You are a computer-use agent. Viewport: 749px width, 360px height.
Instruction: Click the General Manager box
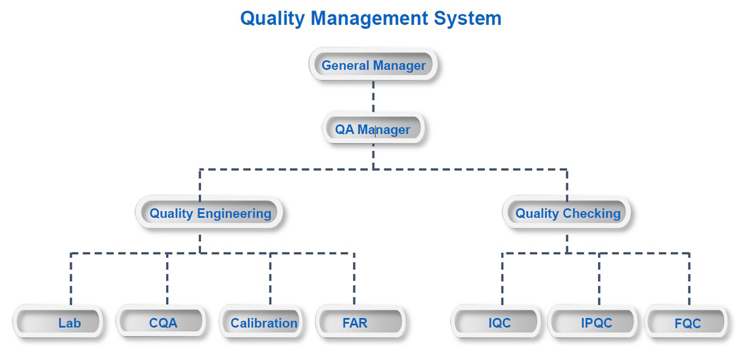pos(374,65)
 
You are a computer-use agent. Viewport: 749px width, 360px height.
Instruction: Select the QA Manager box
pos(373,129)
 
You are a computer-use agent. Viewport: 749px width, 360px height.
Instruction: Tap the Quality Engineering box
pos(210,212)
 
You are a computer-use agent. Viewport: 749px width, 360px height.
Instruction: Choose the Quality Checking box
pos(568,212)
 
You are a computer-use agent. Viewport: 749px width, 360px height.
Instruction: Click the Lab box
pos(58,322)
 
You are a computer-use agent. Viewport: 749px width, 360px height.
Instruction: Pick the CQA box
pos(161,322)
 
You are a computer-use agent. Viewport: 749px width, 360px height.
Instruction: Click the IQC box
pos(496,322)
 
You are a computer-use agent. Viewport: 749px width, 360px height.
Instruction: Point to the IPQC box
pos(593,322)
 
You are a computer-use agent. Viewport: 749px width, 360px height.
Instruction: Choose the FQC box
pos(687,322)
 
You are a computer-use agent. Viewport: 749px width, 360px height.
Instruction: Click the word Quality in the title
pos(272,18)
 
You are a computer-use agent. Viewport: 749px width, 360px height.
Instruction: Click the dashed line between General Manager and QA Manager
pos(373,97)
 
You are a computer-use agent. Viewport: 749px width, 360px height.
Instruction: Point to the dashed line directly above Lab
pos(71,279)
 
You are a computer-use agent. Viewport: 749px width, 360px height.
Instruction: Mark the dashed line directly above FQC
pos(689,279)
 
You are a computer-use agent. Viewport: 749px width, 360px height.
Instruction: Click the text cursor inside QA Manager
pos(375,130)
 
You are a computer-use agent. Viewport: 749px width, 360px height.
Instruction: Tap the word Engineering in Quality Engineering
pos(235,214)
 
